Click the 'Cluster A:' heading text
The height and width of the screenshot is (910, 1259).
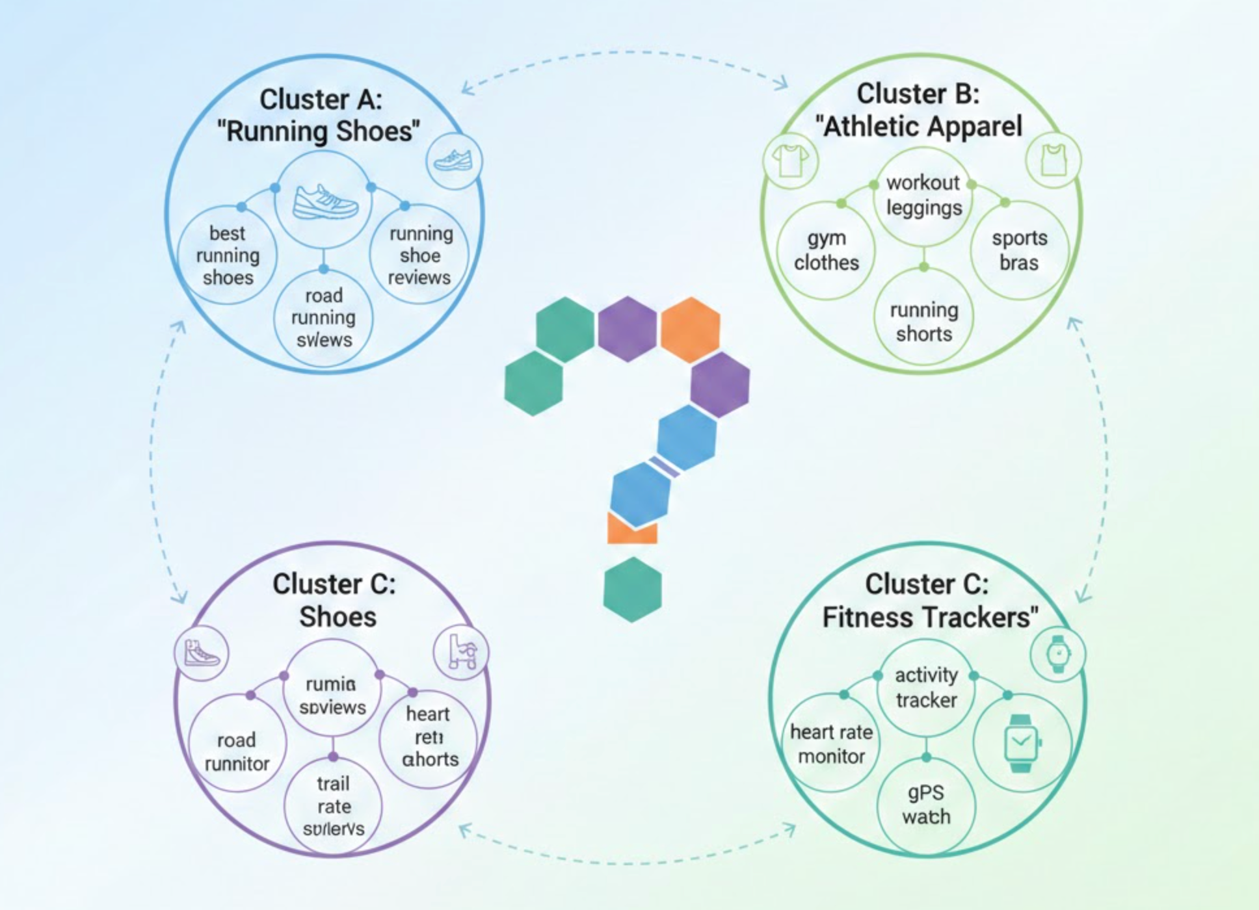click(x=321, y=99)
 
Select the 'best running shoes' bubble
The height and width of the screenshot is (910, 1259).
click(x=228, y=255)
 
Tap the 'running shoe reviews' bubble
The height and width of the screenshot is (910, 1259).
click(x=420, y=255)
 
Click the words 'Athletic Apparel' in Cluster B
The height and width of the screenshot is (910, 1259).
click(x=922, y=126)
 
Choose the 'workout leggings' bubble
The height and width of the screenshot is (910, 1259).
click(x=923, y=195)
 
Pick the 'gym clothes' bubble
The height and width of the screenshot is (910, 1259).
click(x=827, y=250)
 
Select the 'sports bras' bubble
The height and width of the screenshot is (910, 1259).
click(x=1019, y=250)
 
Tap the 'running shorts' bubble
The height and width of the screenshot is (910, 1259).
click(x=923, y=322)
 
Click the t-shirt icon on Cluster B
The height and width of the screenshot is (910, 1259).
click(x=790, y=160)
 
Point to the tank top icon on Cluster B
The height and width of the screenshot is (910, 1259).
click(x=1054, y=160)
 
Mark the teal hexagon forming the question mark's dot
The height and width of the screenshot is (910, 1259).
click(x=632, y=589)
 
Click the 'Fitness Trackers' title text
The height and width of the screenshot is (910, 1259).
click(x=929, y=617)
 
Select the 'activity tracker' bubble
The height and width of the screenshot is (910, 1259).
click(x=926, y=688)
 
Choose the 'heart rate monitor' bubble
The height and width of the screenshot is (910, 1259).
click(x=831, y=744)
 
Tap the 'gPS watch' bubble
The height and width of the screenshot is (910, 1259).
click(x=926, y=805)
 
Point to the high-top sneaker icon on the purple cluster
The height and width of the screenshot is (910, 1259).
click(x=202, y=653)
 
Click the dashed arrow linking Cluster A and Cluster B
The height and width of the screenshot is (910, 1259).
click(x=624, y=53)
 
